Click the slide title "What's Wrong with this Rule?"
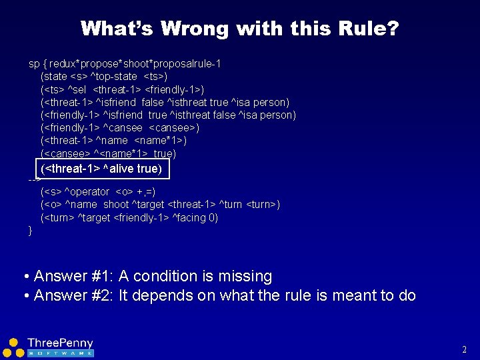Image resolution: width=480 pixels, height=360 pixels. tap(239, 29)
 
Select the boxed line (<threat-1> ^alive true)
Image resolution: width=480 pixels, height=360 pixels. tap(101, 169)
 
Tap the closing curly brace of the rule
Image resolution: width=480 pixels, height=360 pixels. tap(30, 231)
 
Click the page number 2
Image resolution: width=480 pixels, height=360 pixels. tap(464, 349)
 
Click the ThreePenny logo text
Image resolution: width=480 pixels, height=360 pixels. tap(60, 343)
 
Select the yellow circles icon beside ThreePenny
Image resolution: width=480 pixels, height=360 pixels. tap(13, 346)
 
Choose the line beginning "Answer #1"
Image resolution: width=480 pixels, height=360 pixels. tap(153, 276)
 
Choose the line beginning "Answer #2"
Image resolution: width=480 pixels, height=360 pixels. tap(225, 295)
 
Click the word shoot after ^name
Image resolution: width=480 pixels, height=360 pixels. tap(116, 205)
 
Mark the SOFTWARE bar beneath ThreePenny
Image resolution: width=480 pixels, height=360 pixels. tap(60, 353)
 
